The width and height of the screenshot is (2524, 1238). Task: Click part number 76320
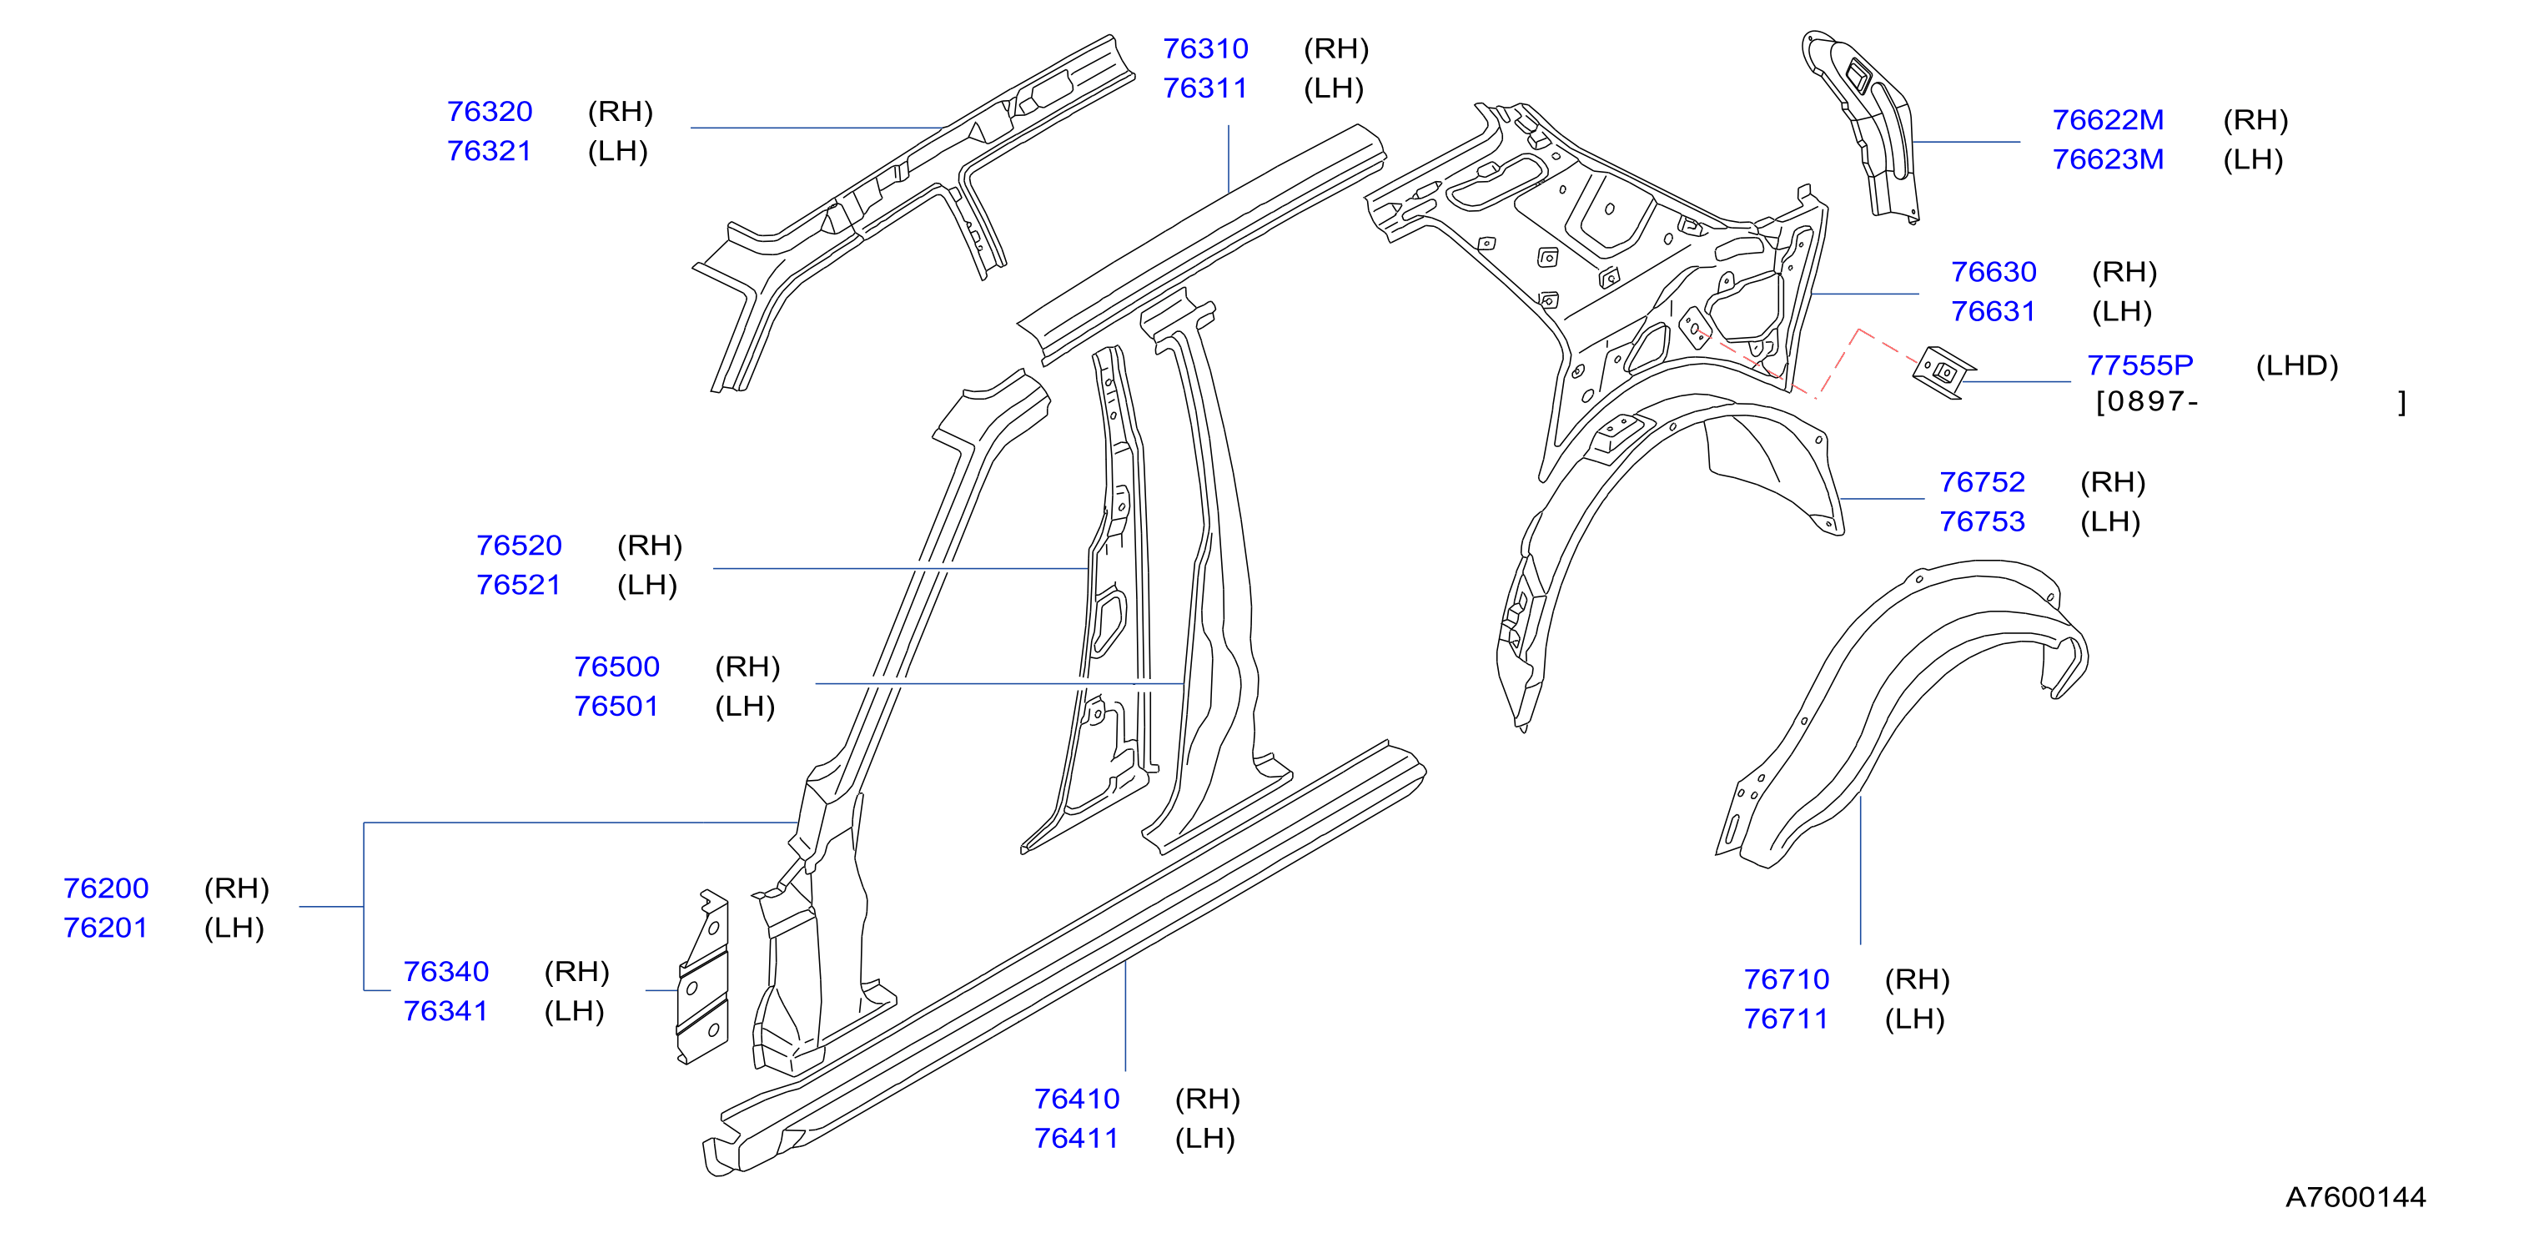click(489, 112)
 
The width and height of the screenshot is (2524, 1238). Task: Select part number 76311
click(1204, 88)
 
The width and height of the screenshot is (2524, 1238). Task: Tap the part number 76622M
click(2108, 119)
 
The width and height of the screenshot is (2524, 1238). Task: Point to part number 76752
click(1981, 482)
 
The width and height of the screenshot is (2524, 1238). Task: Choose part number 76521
click(517, 585)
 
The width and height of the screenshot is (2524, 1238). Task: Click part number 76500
click(616, 667)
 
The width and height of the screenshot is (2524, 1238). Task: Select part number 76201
click(105, 928)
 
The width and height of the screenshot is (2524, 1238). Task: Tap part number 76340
click(445, 971)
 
